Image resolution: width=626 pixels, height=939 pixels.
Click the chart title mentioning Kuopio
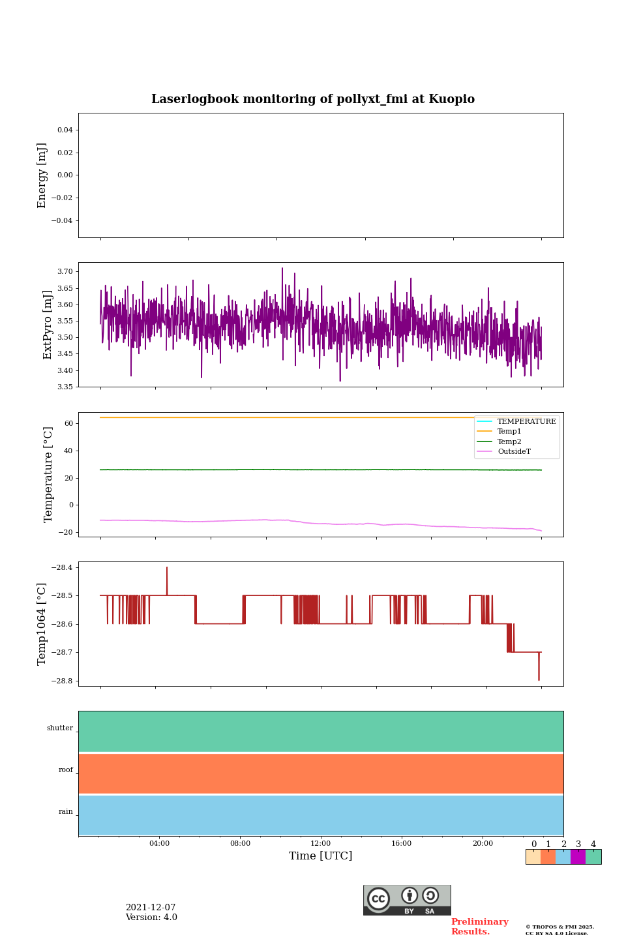(x=313, y=99)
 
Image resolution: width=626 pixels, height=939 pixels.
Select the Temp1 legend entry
(x=509, y=432)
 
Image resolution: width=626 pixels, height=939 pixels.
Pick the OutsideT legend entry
(x=514, y=452)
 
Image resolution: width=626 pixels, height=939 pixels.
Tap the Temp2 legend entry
(x=509, y=442)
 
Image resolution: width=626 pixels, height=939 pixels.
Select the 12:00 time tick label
(x=321, y=844)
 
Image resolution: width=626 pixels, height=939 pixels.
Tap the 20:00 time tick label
(x=483, y=844)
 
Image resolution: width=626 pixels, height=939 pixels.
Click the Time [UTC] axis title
(x=321, y=856)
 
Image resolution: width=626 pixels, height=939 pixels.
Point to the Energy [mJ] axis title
(x=42, y=175)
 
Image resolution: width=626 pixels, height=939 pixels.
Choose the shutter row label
(x=60, y=728)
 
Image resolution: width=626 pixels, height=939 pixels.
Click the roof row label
(x=66, y=770)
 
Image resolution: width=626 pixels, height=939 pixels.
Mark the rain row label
(x=66, y=812)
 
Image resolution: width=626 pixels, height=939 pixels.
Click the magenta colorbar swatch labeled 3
(x=578, y=857)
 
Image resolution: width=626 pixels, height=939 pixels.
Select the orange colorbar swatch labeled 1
(x=548, y=857)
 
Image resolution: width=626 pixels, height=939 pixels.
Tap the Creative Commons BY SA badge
(x=407, y=900)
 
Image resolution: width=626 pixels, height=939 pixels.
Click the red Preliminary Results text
(x=479, y=927)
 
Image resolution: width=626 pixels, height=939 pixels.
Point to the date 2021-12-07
(x=151, y=908)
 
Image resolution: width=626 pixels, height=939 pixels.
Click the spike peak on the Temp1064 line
(x=167, y=568)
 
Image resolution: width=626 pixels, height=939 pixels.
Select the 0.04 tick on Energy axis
(x=65, y=130)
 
